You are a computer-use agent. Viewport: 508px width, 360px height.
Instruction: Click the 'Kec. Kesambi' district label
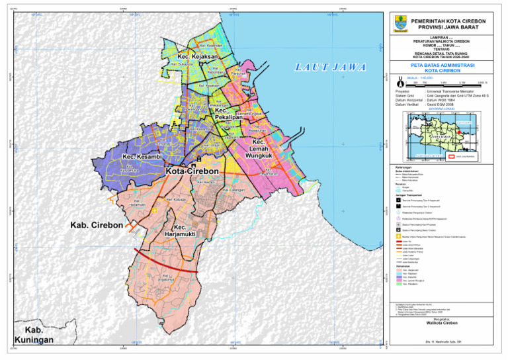(143, 157)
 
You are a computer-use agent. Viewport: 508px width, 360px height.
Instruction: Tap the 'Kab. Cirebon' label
(97, 226)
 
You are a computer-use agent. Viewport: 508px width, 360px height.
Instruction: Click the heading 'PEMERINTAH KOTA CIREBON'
(448, 21)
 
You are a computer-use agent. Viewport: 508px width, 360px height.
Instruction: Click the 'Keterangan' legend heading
(402, 167)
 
